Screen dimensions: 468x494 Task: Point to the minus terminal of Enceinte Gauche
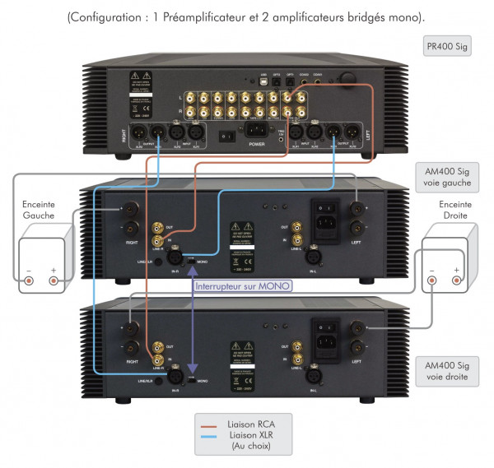(x=30, y=280)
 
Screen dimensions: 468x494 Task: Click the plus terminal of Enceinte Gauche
(x=54, y=280)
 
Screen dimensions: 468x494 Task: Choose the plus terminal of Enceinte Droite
(x=456, y=282)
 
